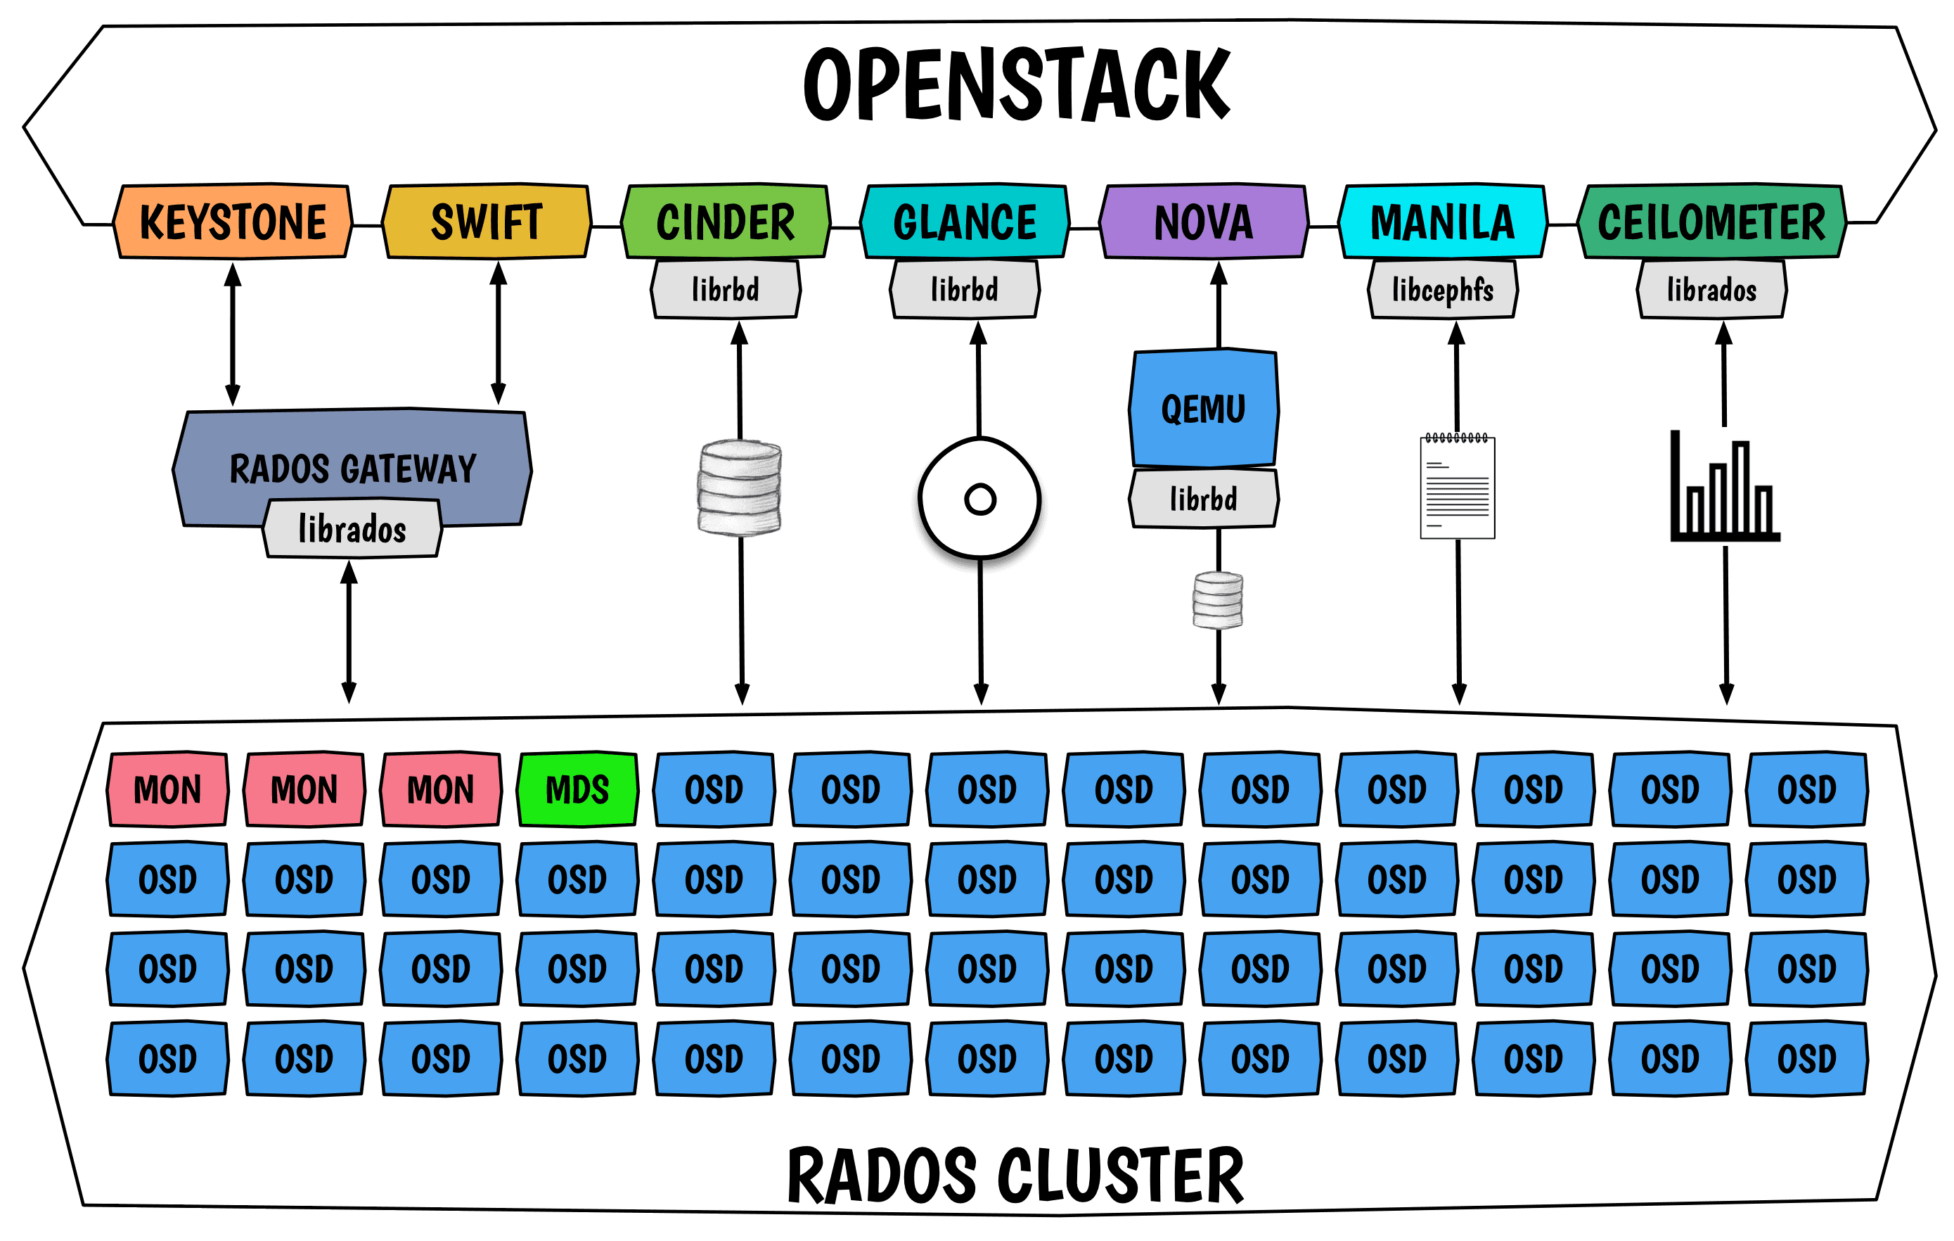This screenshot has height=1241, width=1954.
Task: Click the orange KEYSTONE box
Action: tap(233, 222)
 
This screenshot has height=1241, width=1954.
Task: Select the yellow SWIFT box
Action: tap(487, 222)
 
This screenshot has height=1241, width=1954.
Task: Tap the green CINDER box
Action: tap(726, 222)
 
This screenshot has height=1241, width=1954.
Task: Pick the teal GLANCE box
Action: tap(965, 222)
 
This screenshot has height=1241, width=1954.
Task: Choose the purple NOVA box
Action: tap(1203, 222)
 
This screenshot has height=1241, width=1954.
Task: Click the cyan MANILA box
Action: tap(1442, 222)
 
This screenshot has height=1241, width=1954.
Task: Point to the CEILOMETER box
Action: tap(1711, 222)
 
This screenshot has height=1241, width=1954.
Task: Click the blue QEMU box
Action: tap(1203, 408)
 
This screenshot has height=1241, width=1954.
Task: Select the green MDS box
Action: tap(577, 789)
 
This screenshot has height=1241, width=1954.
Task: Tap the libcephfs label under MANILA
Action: tap(1443, 290)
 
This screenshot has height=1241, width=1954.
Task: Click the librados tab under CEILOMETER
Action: tap(1711, 290)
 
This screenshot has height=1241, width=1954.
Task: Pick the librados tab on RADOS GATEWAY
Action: tap(352, 529)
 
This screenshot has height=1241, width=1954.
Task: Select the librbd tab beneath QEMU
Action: tap(1203, 498)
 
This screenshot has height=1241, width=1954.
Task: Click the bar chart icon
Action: tap(1724, 486)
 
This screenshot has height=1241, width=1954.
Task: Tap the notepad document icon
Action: tap(1458, 486)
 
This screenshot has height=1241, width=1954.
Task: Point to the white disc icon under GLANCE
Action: tap(979, 499)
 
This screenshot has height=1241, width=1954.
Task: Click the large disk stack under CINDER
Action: tap(739, 487)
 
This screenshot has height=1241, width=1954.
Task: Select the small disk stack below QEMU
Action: tap(1217, 600)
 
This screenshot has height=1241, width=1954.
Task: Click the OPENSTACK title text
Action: tap(1017, 84)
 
